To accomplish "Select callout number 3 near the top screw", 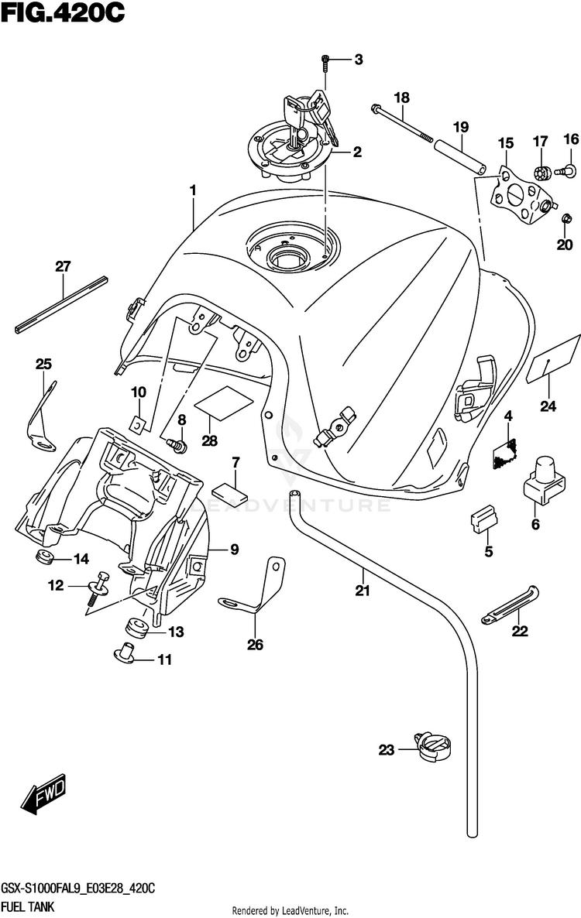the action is click(359, 59).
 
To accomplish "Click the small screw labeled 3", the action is click(325, 62).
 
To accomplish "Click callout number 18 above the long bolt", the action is click(402, 98).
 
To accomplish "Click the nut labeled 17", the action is click(541, 172).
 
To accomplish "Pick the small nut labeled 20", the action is click(566, 220).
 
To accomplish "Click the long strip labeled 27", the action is click(61, 305).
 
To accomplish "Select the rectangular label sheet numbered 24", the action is click(553, 359).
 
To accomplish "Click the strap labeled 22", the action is click(509, 606).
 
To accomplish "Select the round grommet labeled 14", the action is click(44, 557).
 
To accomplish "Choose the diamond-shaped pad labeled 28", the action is click(224, 402).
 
